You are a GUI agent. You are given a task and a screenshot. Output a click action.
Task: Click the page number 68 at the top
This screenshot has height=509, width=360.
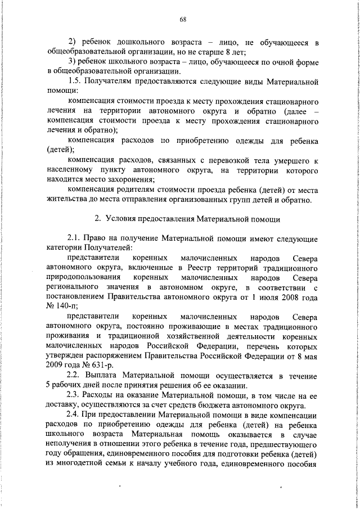[183, 20]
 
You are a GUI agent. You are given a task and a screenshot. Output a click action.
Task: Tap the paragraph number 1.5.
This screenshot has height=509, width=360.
[75, 81]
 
